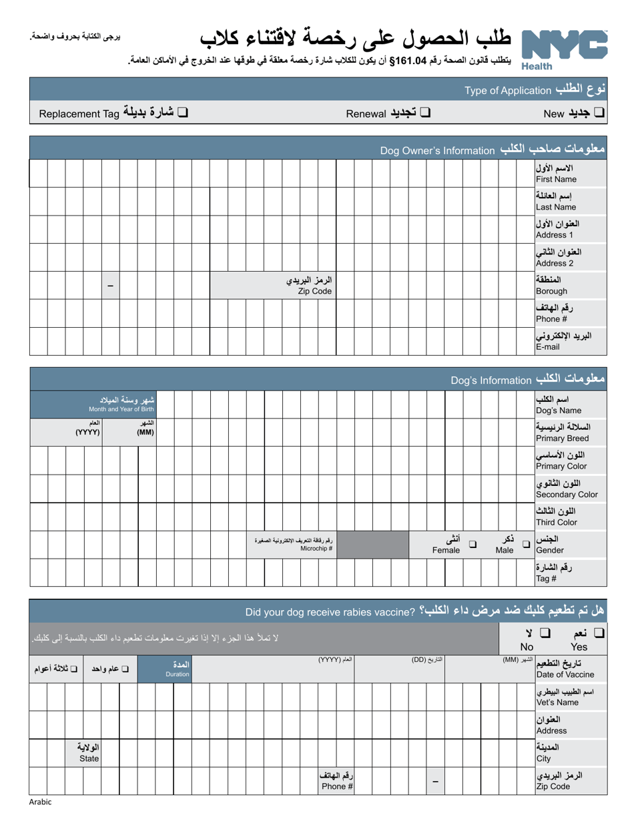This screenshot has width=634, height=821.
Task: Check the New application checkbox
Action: pos(599,113)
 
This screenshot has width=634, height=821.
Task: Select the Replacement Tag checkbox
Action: pos(182,113)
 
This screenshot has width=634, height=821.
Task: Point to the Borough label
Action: pos(559,286)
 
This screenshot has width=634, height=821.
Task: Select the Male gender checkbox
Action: pos(526,544)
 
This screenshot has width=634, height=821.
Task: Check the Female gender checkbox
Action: pos(472,544)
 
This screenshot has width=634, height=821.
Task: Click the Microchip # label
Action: pos(294,544)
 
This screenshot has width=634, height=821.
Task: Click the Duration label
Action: pos(178,669)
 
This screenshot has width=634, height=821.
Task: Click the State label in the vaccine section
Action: pos(89,753)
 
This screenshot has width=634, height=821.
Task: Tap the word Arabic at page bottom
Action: pos(39,802)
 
